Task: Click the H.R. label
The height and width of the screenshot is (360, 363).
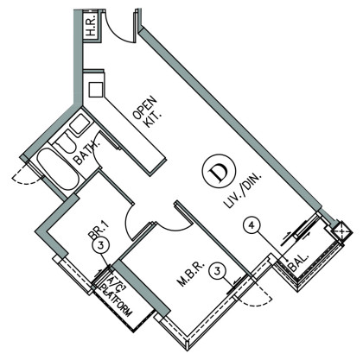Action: (x=92, y=25)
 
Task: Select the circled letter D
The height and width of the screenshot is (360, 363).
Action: (x=220, y=173)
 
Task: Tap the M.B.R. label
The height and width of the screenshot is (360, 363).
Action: (x=192, y=274)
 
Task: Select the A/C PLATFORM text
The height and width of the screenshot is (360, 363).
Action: (x=116, y=297)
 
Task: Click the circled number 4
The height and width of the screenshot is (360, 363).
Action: (x=252, y=225)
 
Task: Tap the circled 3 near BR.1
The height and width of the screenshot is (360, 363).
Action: (x=100, y=246)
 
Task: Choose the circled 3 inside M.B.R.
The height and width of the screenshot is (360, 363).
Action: (x=218, y=271)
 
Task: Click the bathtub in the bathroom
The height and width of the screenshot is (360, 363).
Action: (x=59, y=169)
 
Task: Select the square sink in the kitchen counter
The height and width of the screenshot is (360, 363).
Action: (x=95, y=90)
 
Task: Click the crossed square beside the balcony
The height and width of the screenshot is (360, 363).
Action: (x=341, y=231)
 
